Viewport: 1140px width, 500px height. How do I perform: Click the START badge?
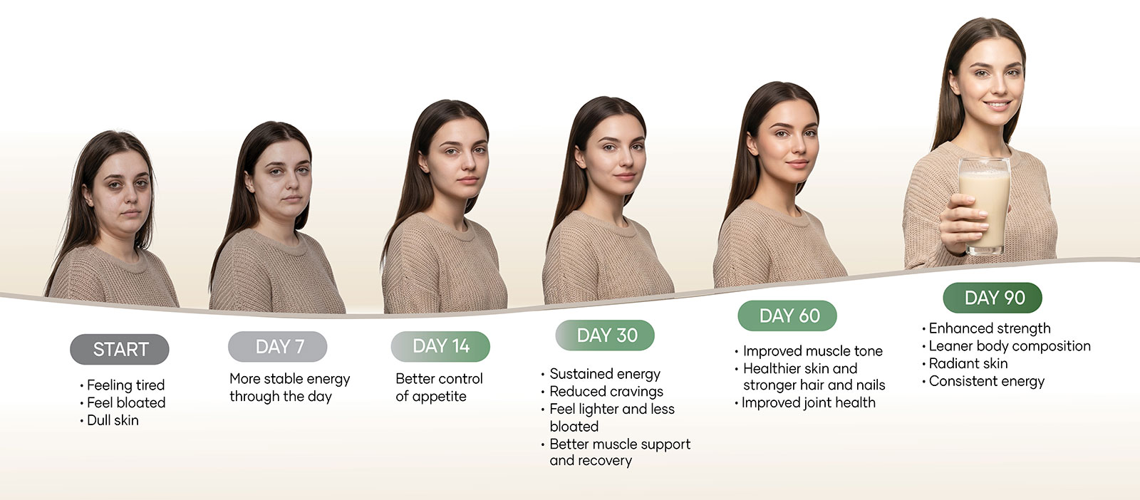pyautogui.click(x=120, y=350)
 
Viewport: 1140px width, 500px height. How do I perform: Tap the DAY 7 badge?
pyautogui.click(x=278, y=346)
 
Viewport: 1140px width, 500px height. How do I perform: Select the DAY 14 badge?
pyautogui.click(x=441, y=346)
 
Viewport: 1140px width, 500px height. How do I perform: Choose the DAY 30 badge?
pyautogui.click(x=605, y=335)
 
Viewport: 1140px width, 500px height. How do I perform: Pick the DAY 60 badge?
pyautogui.click(x=787, y=316)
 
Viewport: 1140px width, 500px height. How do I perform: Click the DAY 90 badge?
pyautogui.click(x=993, y=298)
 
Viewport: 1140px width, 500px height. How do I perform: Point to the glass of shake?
pyautogui.click(x=985, y=206)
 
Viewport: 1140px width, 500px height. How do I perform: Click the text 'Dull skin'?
pyautogui.click(x=113, y=421)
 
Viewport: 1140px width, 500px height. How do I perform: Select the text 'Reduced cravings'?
pyautogui.click(x=606, y=392)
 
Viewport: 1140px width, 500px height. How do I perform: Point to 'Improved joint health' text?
pyautogui.click(x=809, y=403)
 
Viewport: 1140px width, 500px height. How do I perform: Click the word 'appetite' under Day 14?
pyautogui.click(x=439, y=397)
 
